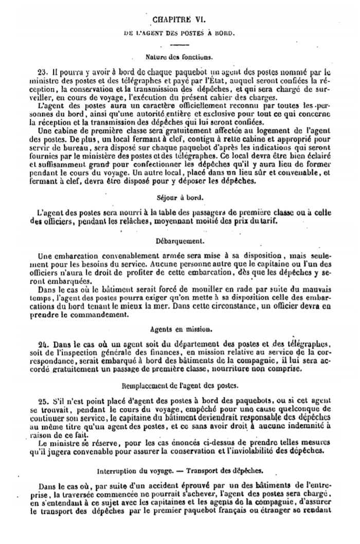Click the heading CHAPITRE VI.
[x=178, y=20]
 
